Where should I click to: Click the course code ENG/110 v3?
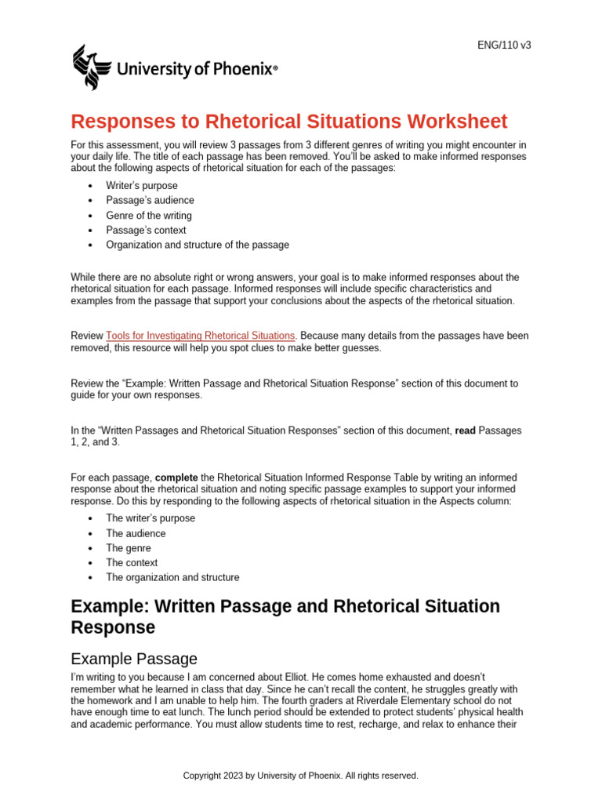pyautogui.click(x=504, y=45)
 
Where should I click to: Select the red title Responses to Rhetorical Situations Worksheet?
pyautogui.click(x=289, y=122)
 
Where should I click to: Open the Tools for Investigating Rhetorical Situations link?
pyautogui.click(x=201, y=336)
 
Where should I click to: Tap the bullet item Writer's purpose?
pyautogui.click(x=142, y=186)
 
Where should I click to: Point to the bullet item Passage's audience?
pyautogui.click(x=150, y=201)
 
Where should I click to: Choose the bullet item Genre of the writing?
pyautogui.click(x=149, y=216)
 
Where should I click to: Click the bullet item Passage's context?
pyautogui.click(x=146, y=231)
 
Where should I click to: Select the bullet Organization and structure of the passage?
pyautogui.click(x=198, y=245)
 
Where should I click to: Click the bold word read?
pyautogui.click(x=464, y=431)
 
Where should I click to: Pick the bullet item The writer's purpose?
pyautogui.click(x=150, y=518)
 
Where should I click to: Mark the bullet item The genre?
pyautogui.click(x=129, y=548)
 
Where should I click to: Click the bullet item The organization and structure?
pyautogui.click(x=172, y=577)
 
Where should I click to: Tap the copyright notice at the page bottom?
pyautogui.click(x=301, y=776)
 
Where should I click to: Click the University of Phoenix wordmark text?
pyautogui.click(x=196, y=70)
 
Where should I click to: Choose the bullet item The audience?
pyautogui.click(x=136, y=533)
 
